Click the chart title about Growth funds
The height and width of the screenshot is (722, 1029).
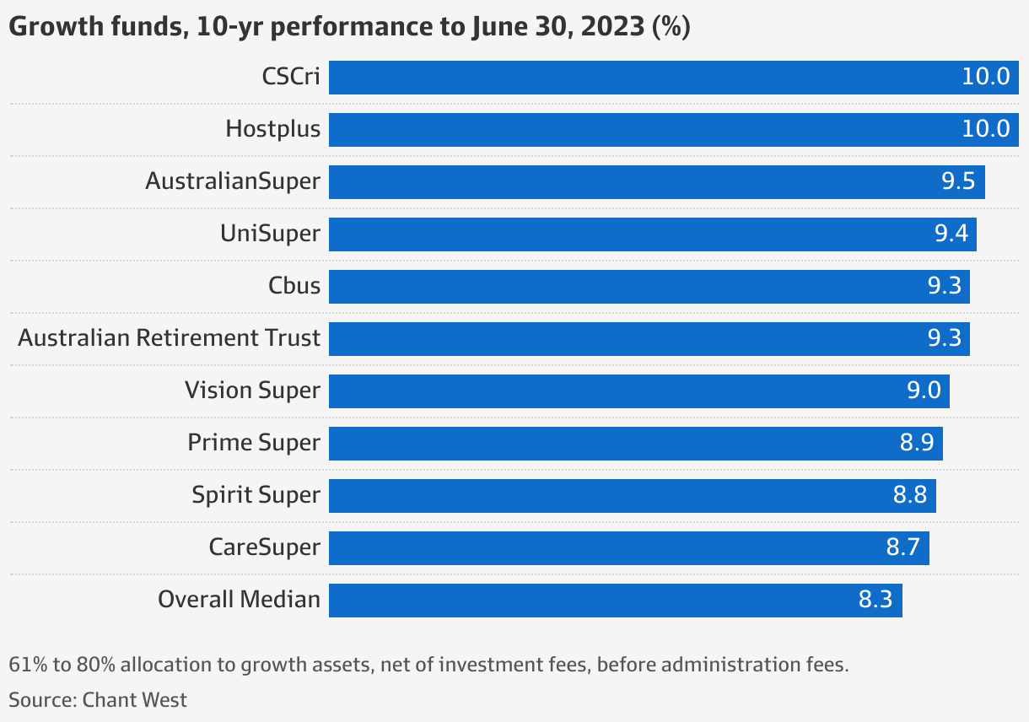tap(349, 27)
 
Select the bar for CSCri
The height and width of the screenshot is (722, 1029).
tap(641, 78)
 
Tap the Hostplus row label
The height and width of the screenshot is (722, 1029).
tap(272, 129)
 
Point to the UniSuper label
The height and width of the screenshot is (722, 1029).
tap(270, 234)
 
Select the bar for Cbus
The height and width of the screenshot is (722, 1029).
tap(624, 287)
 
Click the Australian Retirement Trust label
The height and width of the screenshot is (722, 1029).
tap(169, 338)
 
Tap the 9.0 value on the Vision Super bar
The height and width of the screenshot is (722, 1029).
tap(923, 391)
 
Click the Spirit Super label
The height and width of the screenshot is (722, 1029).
tap(256, 495)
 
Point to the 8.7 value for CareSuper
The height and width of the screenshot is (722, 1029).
tap(902, 548)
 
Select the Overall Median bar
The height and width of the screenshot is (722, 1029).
tap(590, 601)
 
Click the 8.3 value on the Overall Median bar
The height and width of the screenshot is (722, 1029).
tap(875, 601)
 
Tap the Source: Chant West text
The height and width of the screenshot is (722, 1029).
tap(98, 700)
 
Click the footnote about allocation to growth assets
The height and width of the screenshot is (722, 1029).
tap(428, 665)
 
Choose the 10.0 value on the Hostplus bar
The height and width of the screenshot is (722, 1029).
tap(985, 129)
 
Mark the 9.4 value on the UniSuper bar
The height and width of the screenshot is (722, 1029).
tap(951, 234)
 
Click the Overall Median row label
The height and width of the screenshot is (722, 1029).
tap(239, 600)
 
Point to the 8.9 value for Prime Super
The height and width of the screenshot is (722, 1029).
tap(917, 444)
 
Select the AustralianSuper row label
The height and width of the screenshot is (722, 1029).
tap(233, 181)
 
